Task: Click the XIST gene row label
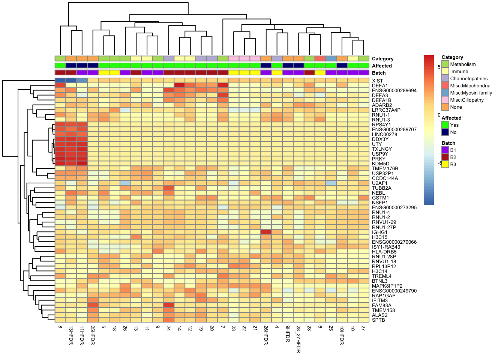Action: (377, 81)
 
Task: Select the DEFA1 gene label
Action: (379, 85)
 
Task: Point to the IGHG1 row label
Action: (379, 232)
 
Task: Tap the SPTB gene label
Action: (378, 320)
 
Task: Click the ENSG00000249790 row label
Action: (394, 291)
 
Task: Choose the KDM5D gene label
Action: (380, 163)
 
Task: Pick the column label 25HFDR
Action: (93, 335)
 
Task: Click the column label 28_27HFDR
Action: (298, 339)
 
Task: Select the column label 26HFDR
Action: (266, 335)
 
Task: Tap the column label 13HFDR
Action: (71, 335)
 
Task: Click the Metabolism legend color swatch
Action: (445, 64)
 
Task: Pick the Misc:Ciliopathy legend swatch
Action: (445, 100)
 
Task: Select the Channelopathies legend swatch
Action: (445, 79)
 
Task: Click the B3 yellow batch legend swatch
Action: (445, 164)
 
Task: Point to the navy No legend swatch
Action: (445, 132)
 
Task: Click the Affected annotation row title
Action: (382, 66)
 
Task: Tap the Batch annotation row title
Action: (379, 73)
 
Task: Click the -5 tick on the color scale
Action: (439, 163)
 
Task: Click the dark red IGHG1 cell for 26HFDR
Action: (266, 232)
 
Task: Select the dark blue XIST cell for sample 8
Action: (60, 81)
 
